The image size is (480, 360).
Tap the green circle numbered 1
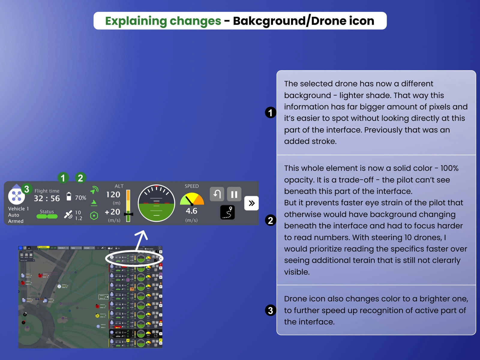[x=63, y=178]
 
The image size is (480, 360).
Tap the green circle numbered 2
[x=80, y=178]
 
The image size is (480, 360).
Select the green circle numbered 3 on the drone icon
[x=27, y=189]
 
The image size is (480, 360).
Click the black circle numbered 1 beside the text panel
[x=271, y=112]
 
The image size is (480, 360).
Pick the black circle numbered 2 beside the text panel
[x=271, y=220]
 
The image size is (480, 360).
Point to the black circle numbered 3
[x=271, y=310]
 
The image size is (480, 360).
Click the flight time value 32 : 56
[x=47, y=198]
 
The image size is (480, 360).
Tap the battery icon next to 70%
[x=69, y=196]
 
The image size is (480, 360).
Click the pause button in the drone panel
[x=234, y=194]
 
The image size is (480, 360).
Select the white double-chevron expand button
[x=251, y=203]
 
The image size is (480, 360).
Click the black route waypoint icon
[x=227, y=212]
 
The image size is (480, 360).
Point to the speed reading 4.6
[x=191, y=211]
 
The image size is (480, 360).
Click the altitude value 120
[x=113, y=195]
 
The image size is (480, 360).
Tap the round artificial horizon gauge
[x=156, y=203]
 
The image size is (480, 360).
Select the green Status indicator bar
[x=47, y=216]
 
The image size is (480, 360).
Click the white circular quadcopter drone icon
[x=16, y=196]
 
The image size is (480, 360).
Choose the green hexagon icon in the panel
[x=94, y=215]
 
